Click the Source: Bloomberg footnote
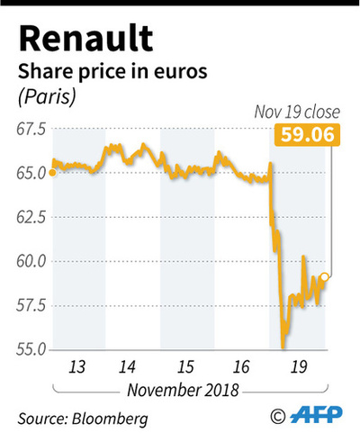point(83,419)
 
